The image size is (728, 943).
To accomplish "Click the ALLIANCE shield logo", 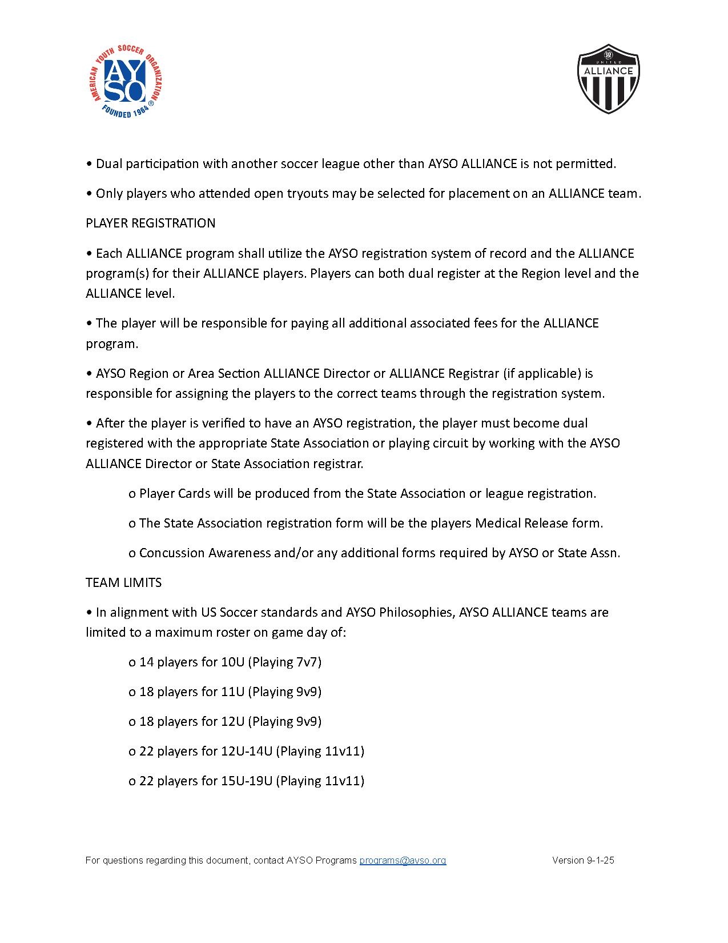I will (608, 79).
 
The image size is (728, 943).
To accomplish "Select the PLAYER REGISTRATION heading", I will (151, 223).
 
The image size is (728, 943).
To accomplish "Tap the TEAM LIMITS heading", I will (124, 582).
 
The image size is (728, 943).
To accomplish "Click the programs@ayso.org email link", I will (403, 860).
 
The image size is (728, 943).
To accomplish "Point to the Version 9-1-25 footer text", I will (583, 860).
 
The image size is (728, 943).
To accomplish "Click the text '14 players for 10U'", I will (192, 662).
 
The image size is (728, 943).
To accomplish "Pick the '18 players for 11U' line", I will (192, 692).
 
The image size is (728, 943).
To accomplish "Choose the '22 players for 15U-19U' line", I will (206, 781).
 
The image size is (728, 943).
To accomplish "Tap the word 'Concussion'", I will (172, 553).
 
